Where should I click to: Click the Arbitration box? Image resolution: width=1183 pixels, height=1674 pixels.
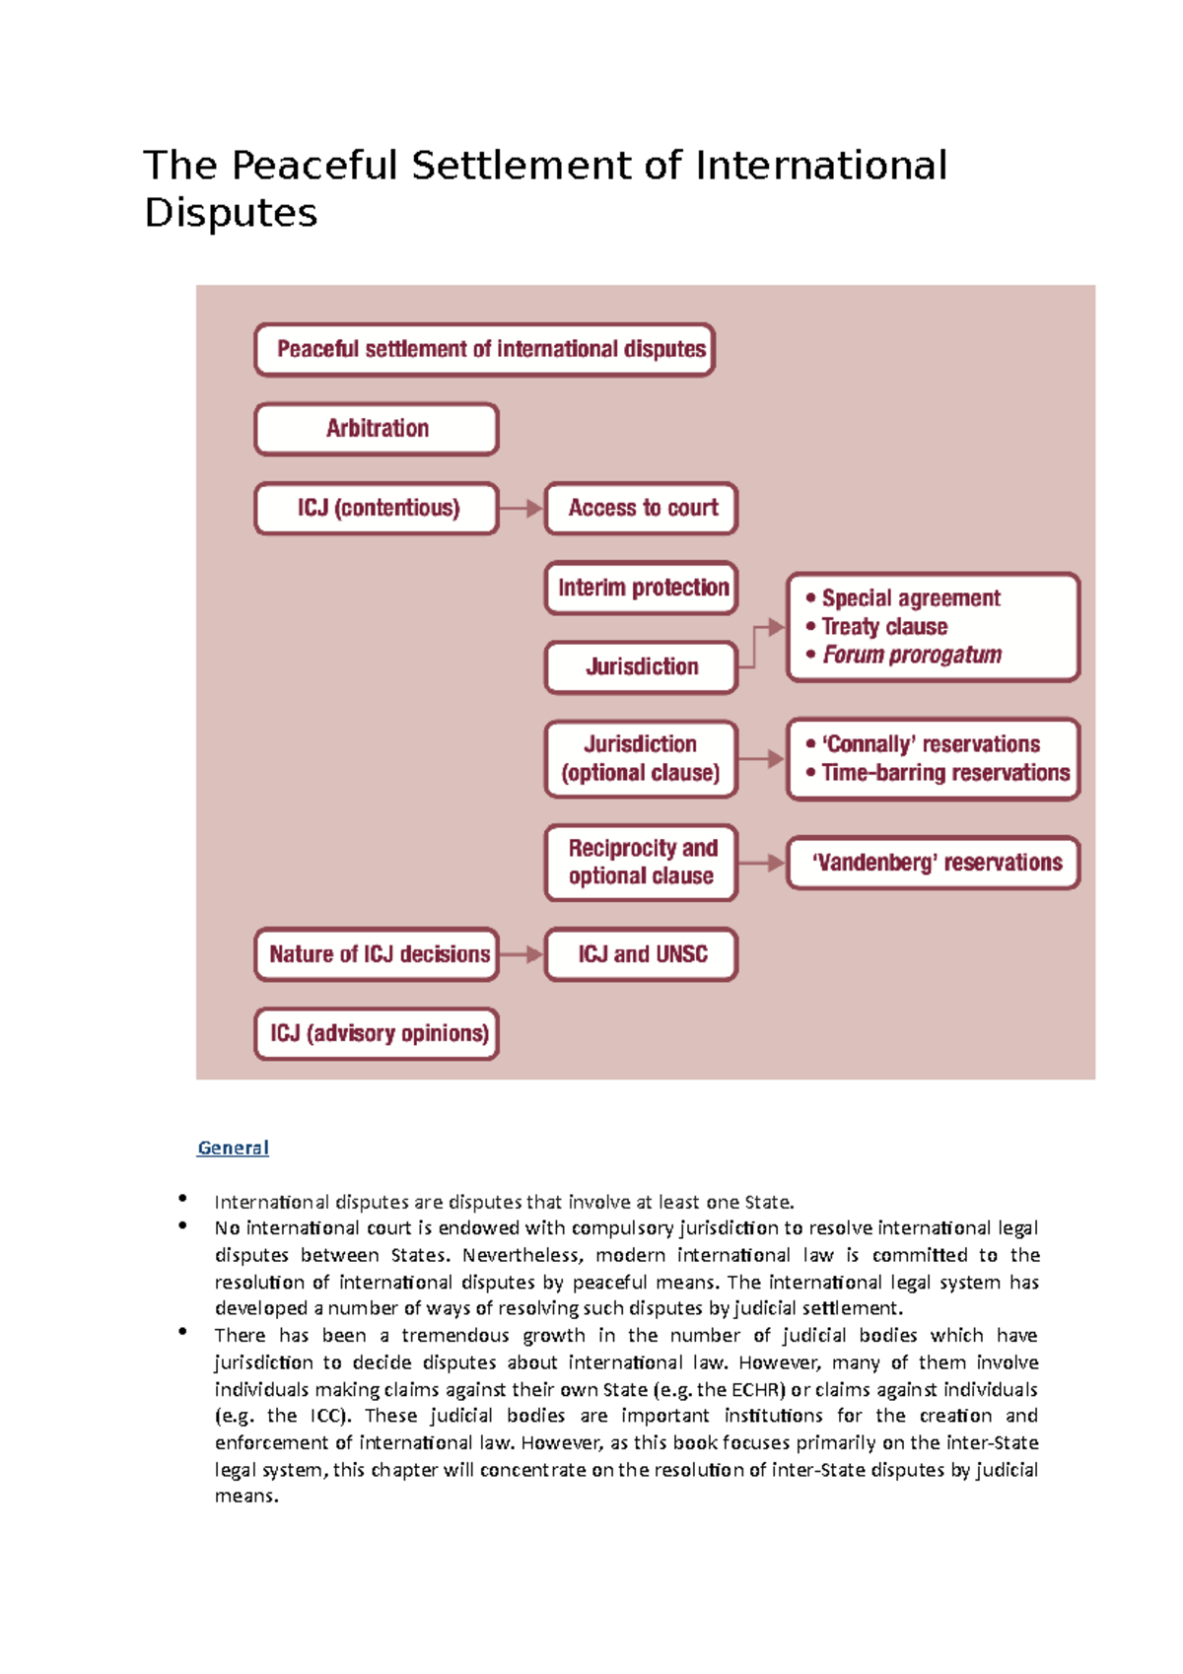377,429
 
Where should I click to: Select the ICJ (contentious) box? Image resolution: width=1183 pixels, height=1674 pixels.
377,509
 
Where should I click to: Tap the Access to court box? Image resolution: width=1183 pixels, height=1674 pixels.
642,509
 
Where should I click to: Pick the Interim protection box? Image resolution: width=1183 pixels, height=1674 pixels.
642,588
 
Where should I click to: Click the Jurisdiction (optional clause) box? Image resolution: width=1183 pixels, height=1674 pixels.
641,759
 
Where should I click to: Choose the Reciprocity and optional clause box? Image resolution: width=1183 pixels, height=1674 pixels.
642,863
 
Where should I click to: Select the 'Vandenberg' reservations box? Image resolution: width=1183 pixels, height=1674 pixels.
935,863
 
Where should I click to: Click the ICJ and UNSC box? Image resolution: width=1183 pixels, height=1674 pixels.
642,954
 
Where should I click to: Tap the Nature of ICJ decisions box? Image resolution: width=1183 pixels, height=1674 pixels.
377,954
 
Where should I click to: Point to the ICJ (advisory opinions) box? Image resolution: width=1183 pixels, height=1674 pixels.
377,1033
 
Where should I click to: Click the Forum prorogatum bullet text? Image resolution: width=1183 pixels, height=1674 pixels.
912,655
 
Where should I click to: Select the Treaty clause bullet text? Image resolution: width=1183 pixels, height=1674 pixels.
884,627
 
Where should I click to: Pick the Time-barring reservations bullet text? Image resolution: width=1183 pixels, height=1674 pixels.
945,773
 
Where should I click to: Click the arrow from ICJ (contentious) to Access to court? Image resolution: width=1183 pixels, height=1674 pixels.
522,509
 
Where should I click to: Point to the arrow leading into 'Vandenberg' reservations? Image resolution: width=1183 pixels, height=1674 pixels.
762,863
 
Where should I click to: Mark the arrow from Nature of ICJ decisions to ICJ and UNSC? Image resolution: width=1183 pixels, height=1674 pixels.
522,954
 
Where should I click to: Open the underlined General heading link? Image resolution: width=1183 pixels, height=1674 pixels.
233,1148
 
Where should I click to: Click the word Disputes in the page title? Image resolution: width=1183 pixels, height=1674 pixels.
231,213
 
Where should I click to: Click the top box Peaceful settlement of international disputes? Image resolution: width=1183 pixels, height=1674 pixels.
484,350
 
